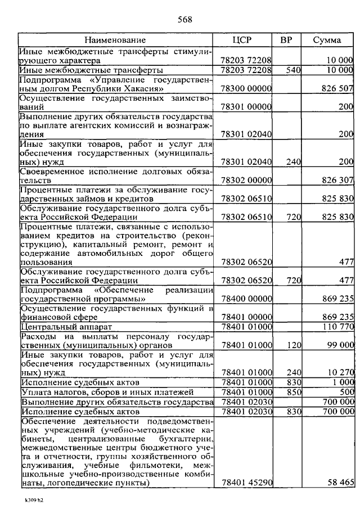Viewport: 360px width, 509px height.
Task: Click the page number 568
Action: pyautogui.click(x=185, y=20)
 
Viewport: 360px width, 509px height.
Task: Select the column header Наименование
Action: pyautogui.click(x=115, y=40)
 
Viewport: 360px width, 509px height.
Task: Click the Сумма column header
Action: pyautogui.click(x=327, y=40)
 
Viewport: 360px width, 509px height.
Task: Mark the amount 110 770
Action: pyautogui.click(x=337, y=326)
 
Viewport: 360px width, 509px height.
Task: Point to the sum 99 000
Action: pyautogui.click(x=340, y=345)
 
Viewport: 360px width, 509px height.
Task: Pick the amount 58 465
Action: pyautogui.click(x=340, y=483)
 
